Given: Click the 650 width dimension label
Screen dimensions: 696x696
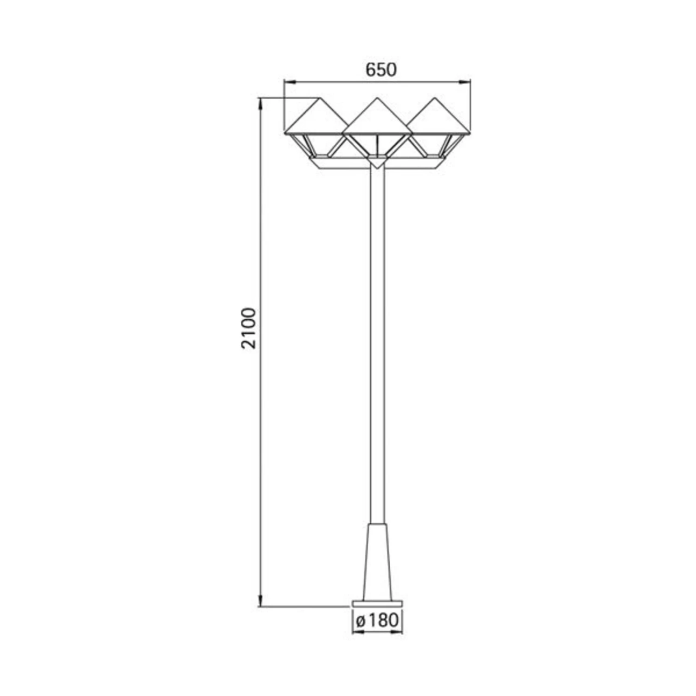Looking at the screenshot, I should pyautogui.click(x=381, y=70).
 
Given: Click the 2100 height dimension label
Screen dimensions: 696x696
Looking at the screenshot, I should pyautogui.click(x=249, y=328).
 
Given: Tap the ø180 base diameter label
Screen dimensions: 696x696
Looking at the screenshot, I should pyautogui.click(x=377, y=620).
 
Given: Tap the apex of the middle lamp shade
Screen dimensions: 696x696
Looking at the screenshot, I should pyautogui.click(x=377, y=98).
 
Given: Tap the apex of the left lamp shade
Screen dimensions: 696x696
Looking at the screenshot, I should pyautogui.click(x=319, y=98).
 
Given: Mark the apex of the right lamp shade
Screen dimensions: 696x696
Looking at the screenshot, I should pyautogui.click(x=435, y=98).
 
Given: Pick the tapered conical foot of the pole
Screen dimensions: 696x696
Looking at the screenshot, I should pyautogui.click(x=377, y=561).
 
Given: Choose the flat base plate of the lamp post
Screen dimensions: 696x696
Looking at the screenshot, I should pyautogui.click(x=377, y=603).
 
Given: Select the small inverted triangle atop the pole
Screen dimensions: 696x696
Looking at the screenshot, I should pyautogui.click(x=377, y=163).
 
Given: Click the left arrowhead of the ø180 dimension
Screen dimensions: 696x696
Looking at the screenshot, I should pyautogui.click(x=356, y=632).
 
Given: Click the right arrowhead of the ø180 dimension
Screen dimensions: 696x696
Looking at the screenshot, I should pyautogui.click(x=399, y=632).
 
